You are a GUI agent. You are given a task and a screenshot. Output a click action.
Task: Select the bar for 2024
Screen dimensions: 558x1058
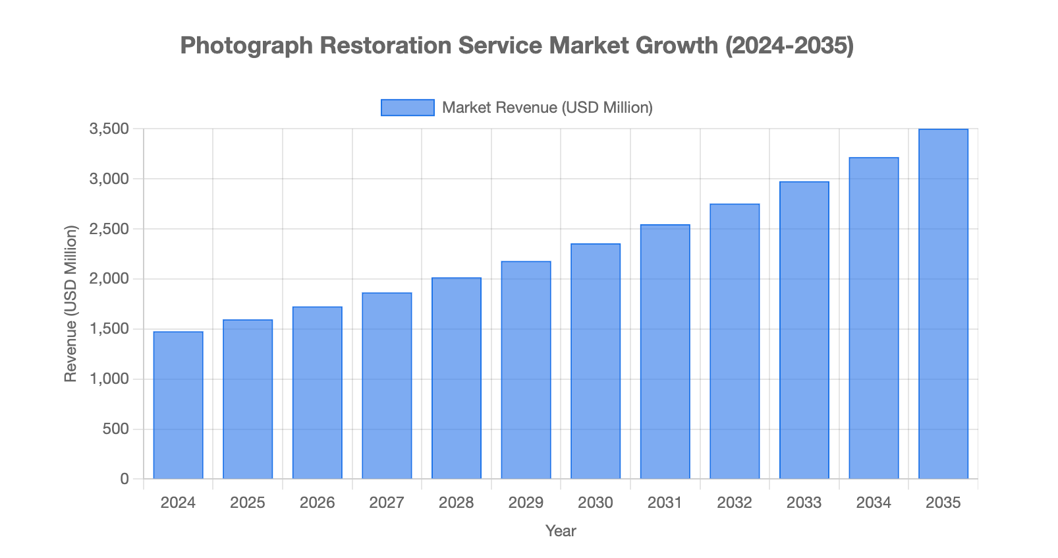178,405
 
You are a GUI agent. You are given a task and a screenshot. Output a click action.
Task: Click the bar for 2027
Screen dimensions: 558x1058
387,386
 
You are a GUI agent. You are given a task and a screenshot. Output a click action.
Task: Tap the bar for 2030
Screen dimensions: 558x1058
596,361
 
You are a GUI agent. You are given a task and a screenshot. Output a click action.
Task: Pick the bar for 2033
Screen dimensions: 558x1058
804,330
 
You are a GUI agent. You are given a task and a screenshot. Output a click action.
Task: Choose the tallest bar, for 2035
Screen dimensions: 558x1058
943,303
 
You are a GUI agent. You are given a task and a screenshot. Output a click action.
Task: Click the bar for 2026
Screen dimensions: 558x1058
317,392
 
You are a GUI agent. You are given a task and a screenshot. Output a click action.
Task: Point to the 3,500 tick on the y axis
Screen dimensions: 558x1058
109,129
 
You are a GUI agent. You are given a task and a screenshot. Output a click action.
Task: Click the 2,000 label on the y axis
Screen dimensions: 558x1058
109,279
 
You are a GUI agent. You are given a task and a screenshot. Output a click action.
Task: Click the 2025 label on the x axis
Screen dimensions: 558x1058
248,503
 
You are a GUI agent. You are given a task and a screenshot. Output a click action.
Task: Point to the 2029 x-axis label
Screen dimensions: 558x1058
526,503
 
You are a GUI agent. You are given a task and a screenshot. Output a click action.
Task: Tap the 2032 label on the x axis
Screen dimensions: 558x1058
735,503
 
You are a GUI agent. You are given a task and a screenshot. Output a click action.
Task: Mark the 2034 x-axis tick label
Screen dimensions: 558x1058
874,503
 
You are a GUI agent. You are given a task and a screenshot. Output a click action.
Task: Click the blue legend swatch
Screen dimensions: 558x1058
407,108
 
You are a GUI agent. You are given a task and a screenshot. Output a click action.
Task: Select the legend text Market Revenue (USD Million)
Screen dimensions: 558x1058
547,108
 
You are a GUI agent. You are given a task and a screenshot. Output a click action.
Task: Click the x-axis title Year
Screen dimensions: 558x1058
561,531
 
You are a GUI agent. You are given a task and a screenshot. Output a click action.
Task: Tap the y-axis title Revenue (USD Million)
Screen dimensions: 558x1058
70,303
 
